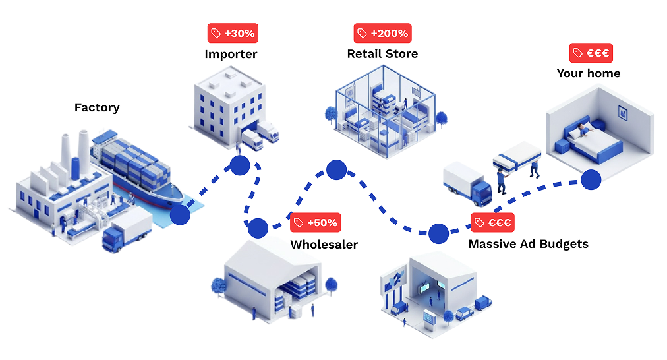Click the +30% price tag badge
(x=232, y=33)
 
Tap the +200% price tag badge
(x=382, y=33)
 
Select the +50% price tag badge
(x=316, y=223)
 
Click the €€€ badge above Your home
(x=591, y=53)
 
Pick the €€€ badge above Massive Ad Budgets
(x=492, y=223)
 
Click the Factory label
(x=97, y=107)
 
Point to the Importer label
(x=231, y=54)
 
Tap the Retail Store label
(x=382, y=54)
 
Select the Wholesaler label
(x=324, y=245)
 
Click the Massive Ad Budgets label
(x=528, y=244)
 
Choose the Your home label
(x=588, y=73)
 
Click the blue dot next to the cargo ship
(x=180, y=214)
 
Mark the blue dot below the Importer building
(x=239, y=165)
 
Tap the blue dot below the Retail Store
(x=336, y=169)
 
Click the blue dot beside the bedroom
(x=591, y=179)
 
